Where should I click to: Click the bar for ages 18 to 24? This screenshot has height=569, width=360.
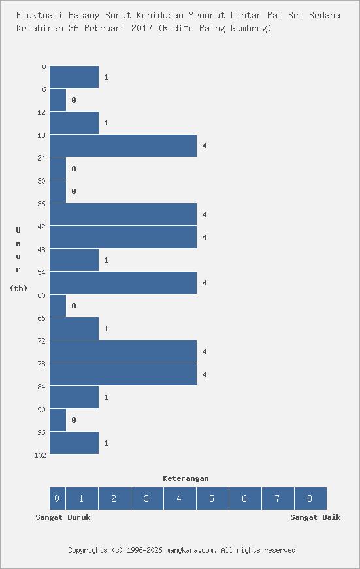point(123,146)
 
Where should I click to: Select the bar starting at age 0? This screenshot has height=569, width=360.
point(74,77)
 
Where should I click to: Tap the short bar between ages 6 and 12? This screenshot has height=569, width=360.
point(57,100)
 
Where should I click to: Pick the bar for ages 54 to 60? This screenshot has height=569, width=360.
point(123,283)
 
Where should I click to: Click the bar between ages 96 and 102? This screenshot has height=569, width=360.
point(74,443)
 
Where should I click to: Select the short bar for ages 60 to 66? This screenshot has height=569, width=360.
point(57,306)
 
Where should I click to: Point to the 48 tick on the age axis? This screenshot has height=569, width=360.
point(42,250)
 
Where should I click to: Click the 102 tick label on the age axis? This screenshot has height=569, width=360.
point(40,455)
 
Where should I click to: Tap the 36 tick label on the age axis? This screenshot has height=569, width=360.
point(42,204)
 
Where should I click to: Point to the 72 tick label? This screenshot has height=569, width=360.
point(42,341)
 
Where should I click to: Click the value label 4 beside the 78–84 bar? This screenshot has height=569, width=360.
point(205,374)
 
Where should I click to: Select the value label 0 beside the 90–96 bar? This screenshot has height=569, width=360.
point(74,420)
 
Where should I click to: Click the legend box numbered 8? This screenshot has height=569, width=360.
point(310,498)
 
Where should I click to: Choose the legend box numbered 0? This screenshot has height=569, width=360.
point(57,498)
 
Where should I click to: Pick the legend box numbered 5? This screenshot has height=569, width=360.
point(212,498)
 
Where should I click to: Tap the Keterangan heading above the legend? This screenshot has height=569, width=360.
point(186,478)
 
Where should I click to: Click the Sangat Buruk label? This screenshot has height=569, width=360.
point(63,517)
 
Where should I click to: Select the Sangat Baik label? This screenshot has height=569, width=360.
point(315,517)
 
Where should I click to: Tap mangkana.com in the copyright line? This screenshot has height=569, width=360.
point(190,550)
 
